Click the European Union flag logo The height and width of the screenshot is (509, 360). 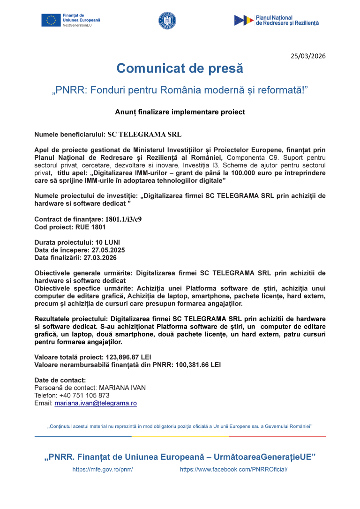tap(51, 20)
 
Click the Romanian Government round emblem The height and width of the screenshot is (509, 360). tap(167, 21)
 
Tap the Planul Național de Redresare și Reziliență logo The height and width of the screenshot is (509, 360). tap(277, 20)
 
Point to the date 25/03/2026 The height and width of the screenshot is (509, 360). tap(308, 56)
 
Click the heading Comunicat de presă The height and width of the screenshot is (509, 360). tap(180, 68)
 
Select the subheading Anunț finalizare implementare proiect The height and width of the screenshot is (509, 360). tap(180, 112)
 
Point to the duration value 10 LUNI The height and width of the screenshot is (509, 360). tap(105, 242)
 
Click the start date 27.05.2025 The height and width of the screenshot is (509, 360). tap(108, 250)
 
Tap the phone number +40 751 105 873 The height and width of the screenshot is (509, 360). tap(84, 395)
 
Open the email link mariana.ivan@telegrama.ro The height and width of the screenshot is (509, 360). tap(96, 403)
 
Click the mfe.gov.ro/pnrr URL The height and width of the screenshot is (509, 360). tap(103, 469)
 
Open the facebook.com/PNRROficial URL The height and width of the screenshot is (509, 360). tap(233, 469)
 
